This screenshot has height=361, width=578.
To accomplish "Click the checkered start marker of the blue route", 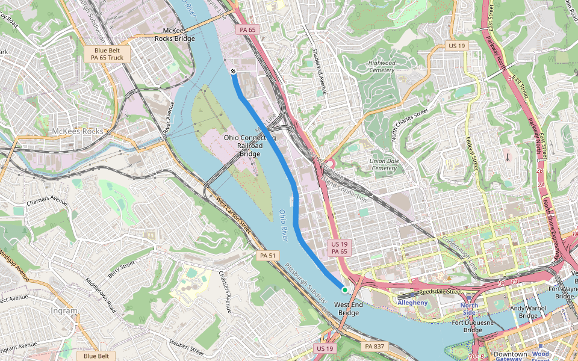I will (x=233, y=71).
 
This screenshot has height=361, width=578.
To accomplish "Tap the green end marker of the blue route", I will (x=345, y=290).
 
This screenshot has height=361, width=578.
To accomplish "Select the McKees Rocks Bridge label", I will (x=175, y=34).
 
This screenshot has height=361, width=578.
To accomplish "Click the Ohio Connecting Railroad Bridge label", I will (x=250, y=146).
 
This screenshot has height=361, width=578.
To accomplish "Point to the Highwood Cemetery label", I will (x=382, y=66).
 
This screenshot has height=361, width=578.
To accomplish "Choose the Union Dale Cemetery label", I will (x=384, y=164).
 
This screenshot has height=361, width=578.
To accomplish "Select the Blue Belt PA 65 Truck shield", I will (x=107, y=54).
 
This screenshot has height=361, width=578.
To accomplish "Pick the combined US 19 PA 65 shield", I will (x=338, y=248).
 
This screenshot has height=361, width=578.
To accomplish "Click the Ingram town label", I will (x=64, y=311).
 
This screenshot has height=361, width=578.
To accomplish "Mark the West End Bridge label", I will (x=348, y=309).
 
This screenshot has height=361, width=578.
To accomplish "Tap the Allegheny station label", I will (x=412, y=303).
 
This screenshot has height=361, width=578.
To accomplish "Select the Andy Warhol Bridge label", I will (x=527, y=312).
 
